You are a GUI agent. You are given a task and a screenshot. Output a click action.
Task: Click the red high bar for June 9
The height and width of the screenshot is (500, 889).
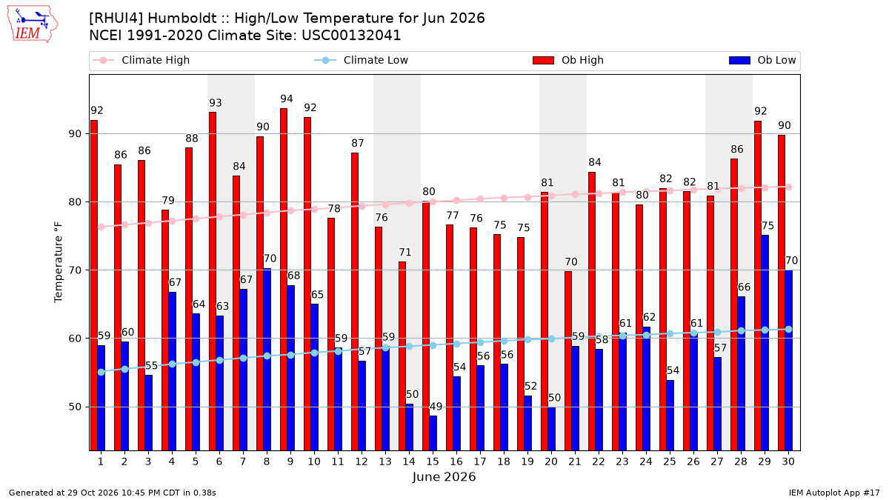click(283, 279)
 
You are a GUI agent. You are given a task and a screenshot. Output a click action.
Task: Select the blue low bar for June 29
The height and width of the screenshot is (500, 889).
click(765, 343)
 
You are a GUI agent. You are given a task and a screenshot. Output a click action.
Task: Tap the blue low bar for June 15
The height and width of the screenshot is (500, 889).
click(433, 433)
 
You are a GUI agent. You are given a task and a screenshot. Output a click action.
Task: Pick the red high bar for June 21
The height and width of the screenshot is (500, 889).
click(568, 361)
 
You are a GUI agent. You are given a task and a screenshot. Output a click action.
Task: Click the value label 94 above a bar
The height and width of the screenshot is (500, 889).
click(287, 99)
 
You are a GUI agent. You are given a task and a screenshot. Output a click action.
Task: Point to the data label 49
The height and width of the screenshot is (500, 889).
click(436, 407)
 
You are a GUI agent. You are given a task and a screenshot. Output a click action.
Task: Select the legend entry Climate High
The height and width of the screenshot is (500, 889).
click(141, 60)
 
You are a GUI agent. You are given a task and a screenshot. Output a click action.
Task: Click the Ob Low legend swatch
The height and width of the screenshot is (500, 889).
click(739, 60)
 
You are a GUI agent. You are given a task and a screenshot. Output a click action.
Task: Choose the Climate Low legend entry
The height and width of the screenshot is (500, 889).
click(362, 60)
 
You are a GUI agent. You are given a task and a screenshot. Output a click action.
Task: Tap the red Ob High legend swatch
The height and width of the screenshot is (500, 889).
click(543, 60)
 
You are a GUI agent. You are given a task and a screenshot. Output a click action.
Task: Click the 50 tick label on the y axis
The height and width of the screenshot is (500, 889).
click(75, 407)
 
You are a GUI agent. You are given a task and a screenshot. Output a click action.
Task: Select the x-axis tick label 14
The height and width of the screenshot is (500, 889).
click(409, 461)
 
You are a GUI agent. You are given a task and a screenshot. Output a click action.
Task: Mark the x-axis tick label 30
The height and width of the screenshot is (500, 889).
click(788, 461)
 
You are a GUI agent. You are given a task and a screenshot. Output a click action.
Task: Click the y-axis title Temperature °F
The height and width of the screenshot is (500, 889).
click(59, 262)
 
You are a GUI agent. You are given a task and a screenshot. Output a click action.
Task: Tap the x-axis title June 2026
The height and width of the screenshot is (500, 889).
click(444, 476)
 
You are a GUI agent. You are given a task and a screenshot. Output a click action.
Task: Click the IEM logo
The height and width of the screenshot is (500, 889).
click(33, 24)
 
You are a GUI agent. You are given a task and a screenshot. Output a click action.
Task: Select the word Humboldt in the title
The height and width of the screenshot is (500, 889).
click(182, 19)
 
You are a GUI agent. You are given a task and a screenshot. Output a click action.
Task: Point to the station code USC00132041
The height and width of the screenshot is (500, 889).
click(351, 36)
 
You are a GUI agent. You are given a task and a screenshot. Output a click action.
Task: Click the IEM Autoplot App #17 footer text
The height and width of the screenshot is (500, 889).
click(834, 493)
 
